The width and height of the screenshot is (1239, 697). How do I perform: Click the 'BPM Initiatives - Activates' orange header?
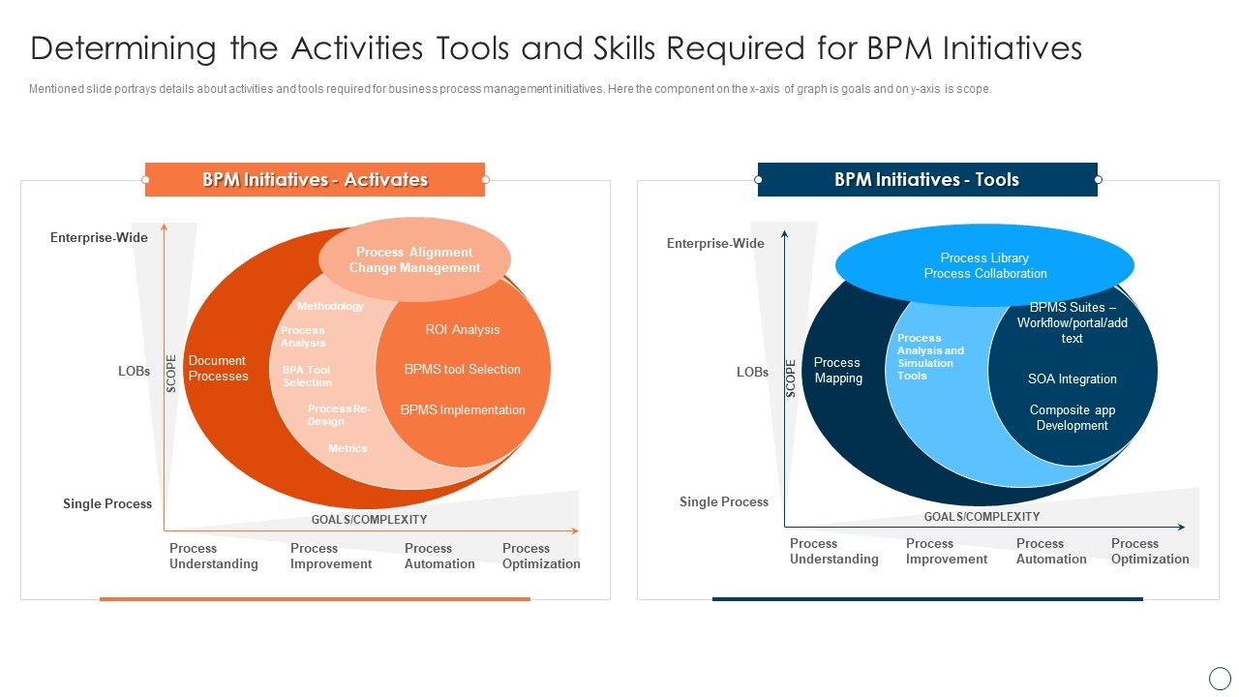point(315,179)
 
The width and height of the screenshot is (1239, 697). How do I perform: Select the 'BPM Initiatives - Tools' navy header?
point(926,179)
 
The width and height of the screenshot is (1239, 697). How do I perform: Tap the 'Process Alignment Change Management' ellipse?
point(414,259)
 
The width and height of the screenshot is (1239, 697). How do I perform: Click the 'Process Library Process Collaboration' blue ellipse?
point(984,265)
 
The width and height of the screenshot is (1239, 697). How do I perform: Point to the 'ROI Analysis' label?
point(463,329)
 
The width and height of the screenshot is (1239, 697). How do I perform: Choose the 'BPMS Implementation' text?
point(463,409)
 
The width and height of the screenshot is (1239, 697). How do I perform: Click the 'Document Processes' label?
point(218,368)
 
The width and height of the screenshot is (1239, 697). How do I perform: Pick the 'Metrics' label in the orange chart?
point(348,448)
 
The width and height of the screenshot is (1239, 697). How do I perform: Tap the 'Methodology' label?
point(330,306)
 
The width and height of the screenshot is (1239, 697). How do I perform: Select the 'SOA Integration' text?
point(1072,379)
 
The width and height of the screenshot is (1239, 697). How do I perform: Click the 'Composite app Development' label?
point(1072,417)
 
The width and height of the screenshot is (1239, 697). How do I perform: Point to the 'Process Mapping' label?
point(837,370)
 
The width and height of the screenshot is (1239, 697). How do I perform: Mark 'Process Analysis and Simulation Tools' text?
point(929,356)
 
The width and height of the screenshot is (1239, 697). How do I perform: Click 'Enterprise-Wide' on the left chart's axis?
point(99,237)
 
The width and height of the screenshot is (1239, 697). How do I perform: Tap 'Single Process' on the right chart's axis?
point(723,501)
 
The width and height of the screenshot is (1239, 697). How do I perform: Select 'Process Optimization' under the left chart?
point(540,556)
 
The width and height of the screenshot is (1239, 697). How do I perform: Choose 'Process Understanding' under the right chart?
point(833,551)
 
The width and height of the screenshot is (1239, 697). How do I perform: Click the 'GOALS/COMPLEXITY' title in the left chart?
point(369,520)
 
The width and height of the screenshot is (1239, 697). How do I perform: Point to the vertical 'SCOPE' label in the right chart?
point(790,379)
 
